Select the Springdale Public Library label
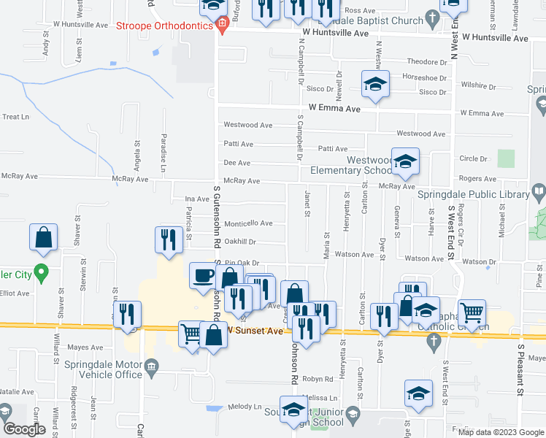pyautogui.click(x=473, y=194)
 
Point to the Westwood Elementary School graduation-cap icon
pyautogui.click(x=405, y=161)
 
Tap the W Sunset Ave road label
pyautogui.click(x=255, y=331)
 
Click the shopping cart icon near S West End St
pyautogui.click(x=472, y=312)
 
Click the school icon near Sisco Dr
pyautogui.click(x=375, y=84)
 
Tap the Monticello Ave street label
pyautogui.click(x=248, y=223)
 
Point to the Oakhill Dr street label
pyautogui.click(x=241, y=242)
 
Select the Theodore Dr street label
pyautogui.click(x=426, y=61)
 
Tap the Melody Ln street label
pyautogui.click(x=245, y=407)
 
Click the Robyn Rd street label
pyautogui.click(x=318, y=380)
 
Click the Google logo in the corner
pyautogui.click(x=24, y=429)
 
